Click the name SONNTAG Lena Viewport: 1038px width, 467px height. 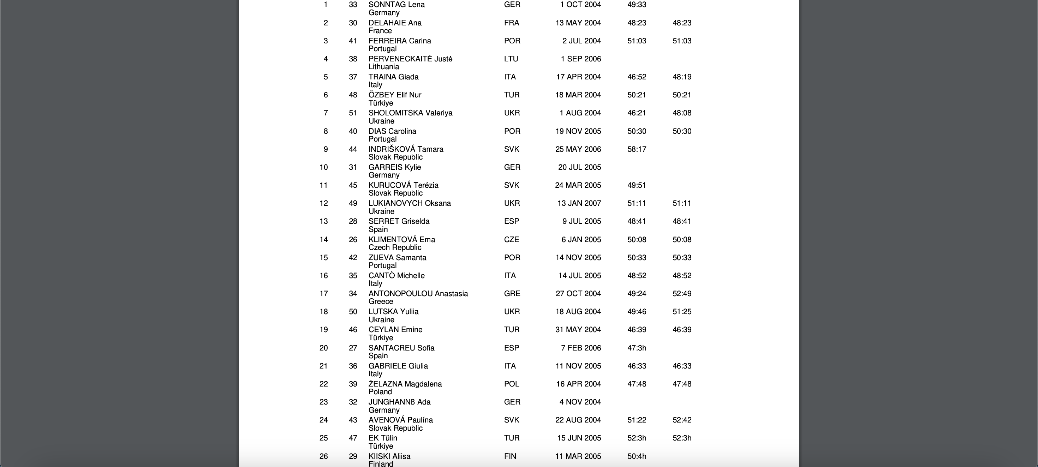pyautogui.click(x=396, y=5)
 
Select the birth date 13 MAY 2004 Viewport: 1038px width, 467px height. pyautogui.click(x=578, y=23)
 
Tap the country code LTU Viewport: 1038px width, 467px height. pyautogui.click(x=511, y=59)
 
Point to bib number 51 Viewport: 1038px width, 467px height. pyautogui.click(x=353, y=113)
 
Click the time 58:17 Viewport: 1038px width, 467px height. pyautogui.click(x=637, y=149)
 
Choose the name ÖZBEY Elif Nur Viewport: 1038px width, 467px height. pyautogui.click(x=395, y=95)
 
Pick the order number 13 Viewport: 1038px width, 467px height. pyautogui.click(x=323, y=222)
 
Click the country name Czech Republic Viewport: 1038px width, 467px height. pyautogui.click(x=395, y=247)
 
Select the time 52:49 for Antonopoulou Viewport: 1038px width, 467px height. pyautogui.click(x=682, y=294)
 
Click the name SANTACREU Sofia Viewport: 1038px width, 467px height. pyautogui.click(x=401, y=348)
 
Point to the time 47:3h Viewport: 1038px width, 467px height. pyautogui.click(x=637, y=348)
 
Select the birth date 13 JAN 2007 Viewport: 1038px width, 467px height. pyautogui.click(x=579, y=203)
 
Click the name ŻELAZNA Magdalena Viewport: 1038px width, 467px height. pyautogui.click(x=405, y=384)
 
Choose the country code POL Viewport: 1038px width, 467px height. pyautogui.click(x=512, y=384)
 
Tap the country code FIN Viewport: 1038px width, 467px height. pyautogui.click(x=510, y=456)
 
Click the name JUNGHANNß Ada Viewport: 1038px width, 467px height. pyautogui.click(x=399, y=402)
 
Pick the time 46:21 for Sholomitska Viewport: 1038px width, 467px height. pyautogui.click(x=637, y=113)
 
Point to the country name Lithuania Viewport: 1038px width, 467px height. pyautogui.click(x=384, y=67)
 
